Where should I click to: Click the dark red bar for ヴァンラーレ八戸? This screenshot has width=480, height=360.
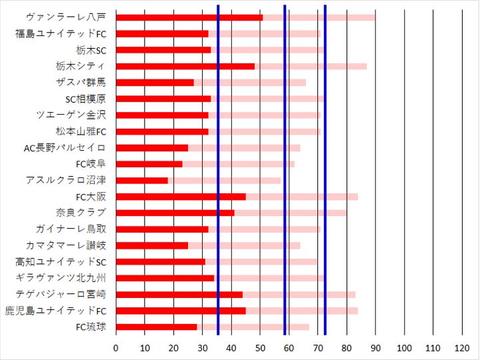[189, 17]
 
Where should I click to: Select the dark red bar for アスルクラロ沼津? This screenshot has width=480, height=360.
[142, 180]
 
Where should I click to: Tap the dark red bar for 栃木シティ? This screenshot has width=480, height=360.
[185, 66]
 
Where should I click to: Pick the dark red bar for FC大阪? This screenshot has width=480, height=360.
[181, 197]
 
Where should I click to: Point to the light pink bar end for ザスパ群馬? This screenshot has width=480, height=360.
[305, 83]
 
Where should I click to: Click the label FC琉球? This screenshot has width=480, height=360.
[91, 327]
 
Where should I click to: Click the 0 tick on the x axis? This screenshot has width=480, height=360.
[116, 349]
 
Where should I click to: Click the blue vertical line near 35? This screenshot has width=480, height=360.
[218, 173]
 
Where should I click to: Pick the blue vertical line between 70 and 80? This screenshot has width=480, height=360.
[325, 173]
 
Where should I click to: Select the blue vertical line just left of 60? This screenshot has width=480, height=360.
[285, 173]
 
